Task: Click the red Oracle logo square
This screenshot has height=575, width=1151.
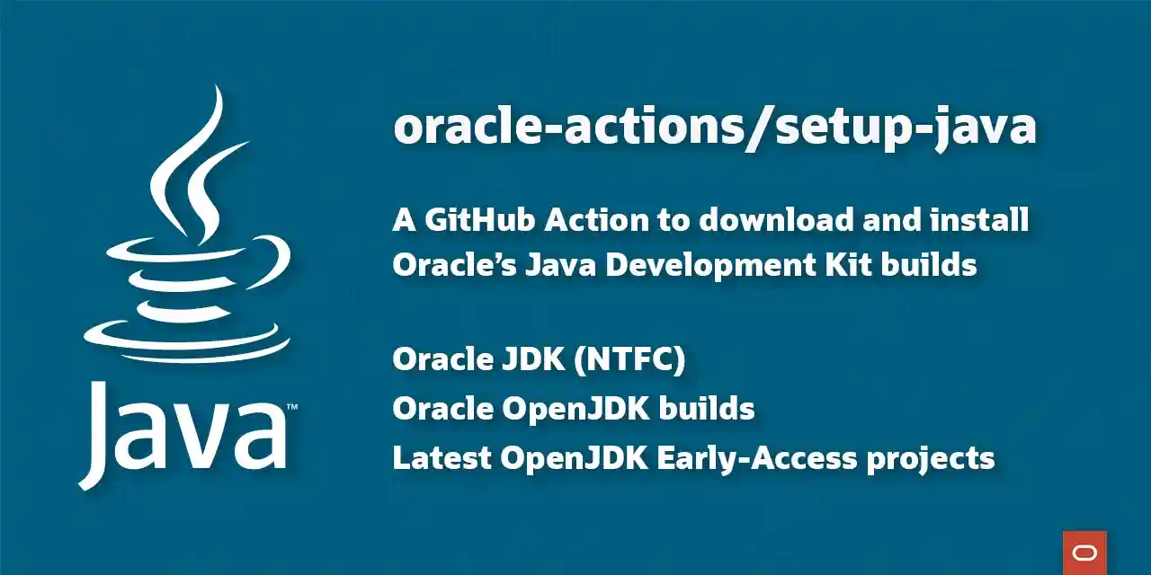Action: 1084,553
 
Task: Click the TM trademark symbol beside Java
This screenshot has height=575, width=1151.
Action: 292,409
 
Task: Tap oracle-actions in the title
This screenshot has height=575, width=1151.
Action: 572,128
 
